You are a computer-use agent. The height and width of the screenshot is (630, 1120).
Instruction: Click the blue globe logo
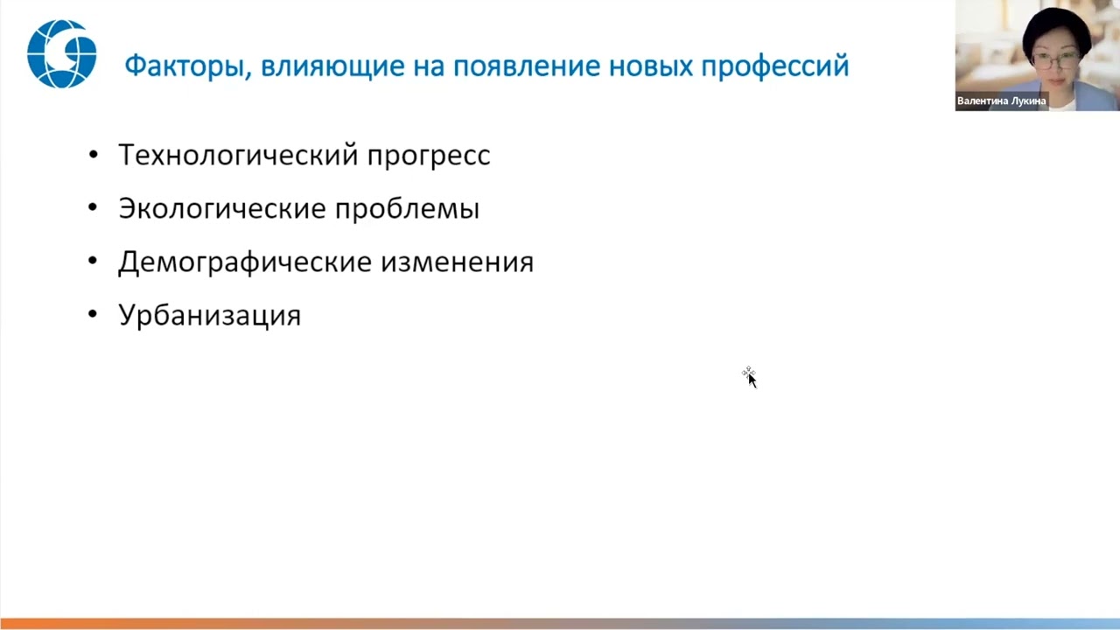click(61, 53)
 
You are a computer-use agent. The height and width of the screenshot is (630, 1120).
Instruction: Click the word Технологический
click(237, 155)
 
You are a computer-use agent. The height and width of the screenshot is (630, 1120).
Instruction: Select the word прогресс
click(428, 156)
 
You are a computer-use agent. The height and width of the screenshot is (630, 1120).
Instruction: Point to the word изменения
click(456, 262)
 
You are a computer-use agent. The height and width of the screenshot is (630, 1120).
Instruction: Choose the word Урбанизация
click(209, 315)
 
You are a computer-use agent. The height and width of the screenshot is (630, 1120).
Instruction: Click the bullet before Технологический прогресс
click(94, 155)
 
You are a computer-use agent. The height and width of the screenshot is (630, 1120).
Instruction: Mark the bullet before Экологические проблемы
click(94, 208)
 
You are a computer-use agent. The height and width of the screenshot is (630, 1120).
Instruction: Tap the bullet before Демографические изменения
click(94, 262)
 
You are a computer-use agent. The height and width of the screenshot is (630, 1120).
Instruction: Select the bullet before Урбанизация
click(94, 315)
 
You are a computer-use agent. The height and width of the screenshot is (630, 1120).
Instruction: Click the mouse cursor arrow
click(751, 379)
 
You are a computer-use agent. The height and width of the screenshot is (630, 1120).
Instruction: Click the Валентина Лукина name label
click(1001, 101)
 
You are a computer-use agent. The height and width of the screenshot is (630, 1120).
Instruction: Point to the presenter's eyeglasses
click(1055, 60)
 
